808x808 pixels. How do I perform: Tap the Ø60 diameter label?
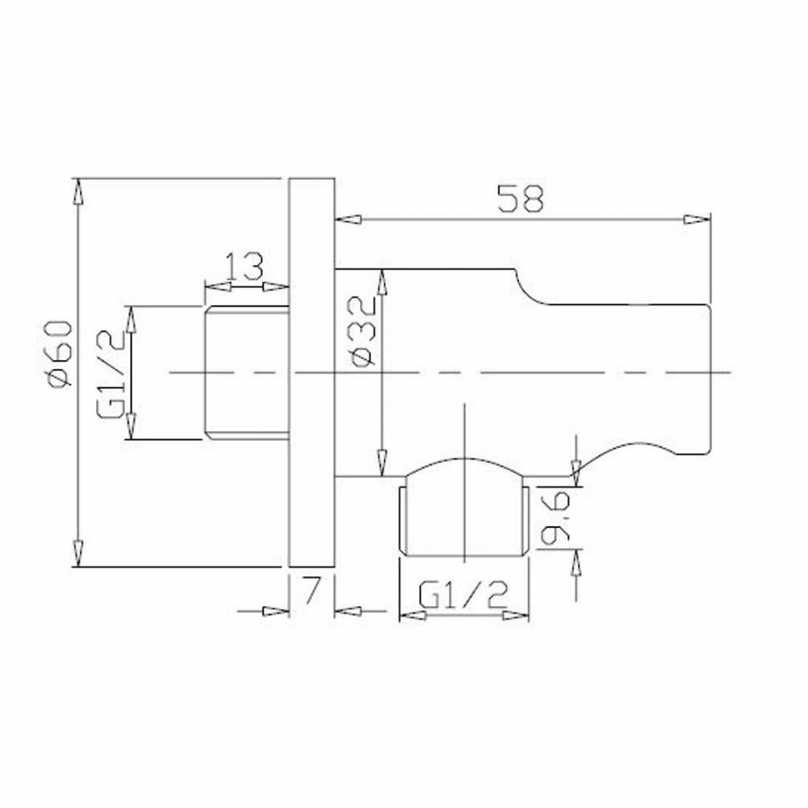point(57,356)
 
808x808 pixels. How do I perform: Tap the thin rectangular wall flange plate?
point(312,373)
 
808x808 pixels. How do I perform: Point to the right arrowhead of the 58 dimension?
point(695,217)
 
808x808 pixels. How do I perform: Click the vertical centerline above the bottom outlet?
point(463,431)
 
